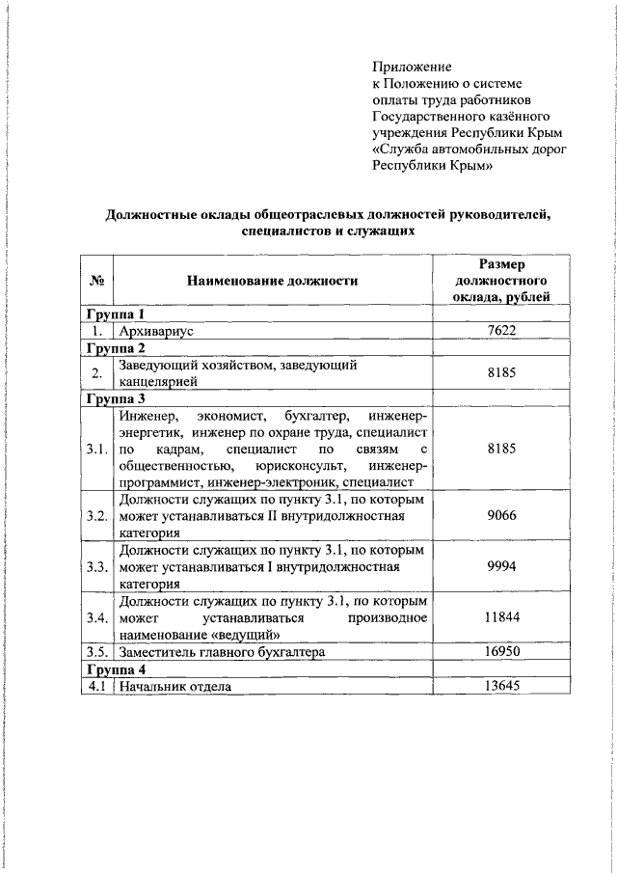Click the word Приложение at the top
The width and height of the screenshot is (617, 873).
(x=412, y=67)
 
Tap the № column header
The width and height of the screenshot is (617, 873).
(x=96, y=281)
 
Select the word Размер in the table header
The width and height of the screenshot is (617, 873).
(x=501, y=263)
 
